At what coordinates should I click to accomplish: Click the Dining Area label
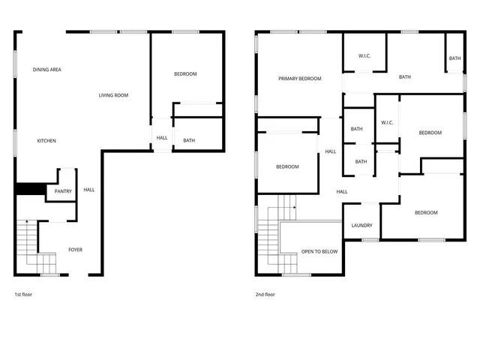(x=46, y=70)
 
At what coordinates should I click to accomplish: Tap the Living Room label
(x=114, y=95)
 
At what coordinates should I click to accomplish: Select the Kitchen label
(x=46, y=141)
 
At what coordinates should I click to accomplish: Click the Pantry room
(x=63, y=191)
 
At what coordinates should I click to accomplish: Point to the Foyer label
(x=76, y=250)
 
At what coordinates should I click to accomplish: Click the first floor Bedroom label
(x=185, y=73)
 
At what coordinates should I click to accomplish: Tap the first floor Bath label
(x=189, y=140)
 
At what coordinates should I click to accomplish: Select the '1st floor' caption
(x=23, y=295)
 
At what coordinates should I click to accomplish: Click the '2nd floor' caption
(x=265, y=295)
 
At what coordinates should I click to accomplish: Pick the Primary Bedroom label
(x=299, y=79)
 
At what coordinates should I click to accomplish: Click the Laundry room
(x=362, y=226)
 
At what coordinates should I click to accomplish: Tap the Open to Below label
(x=319, y=251)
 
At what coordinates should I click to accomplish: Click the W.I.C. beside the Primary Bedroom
(x=364, y=55)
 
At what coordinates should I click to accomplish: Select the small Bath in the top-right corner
(x=454, y=58)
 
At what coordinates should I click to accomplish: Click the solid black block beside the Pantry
(x=30, y=191)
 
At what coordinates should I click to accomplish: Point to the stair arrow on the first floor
(x=27, y=221)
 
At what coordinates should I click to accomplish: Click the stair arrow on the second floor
(x=295, y=205)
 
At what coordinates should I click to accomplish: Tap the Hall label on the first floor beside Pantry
(x=88, y=190)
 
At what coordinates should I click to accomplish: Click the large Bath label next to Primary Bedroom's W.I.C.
(x=405, y=76)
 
